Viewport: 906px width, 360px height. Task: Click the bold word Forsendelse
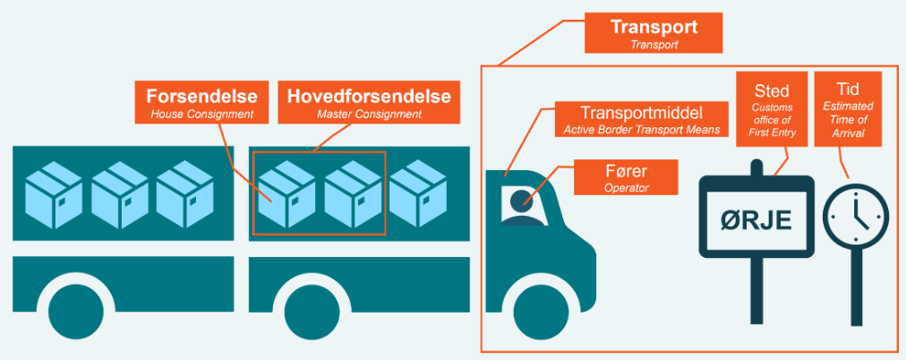click(202, 96)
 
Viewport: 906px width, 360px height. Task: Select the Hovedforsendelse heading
click(368, 96)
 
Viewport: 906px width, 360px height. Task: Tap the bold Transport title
click(653, 27)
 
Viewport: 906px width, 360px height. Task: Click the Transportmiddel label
click(641, 114)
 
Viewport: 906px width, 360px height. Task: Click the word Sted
click(772, 91)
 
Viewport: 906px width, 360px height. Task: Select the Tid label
click(847, 91)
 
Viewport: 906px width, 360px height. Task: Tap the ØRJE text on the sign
click(756, 219)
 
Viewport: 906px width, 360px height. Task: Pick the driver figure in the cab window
click(521, 206)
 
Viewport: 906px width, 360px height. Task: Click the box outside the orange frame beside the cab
click(418, 193)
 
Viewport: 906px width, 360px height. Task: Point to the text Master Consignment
click(367, 115)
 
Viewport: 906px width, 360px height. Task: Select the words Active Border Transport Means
click(641, 131)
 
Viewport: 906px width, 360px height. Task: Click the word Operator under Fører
click(626, 188)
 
